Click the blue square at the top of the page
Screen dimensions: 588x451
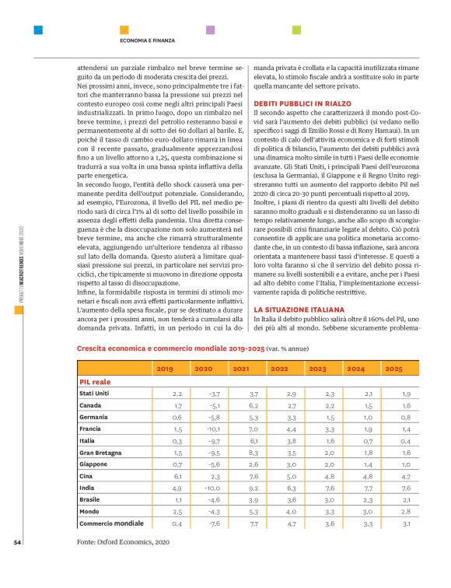coord(37,30)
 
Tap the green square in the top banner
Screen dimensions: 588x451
coord(295,30)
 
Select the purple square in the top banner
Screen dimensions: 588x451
coord(210,30)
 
